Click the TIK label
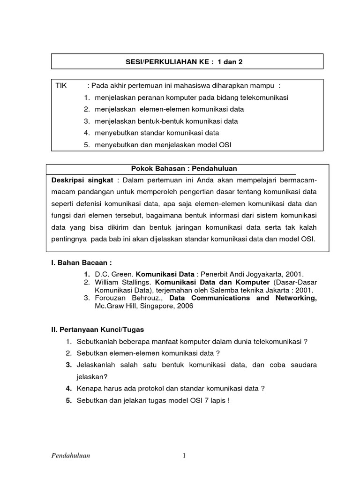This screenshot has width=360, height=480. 61,86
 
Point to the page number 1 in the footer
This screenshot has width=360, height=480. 185,455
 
